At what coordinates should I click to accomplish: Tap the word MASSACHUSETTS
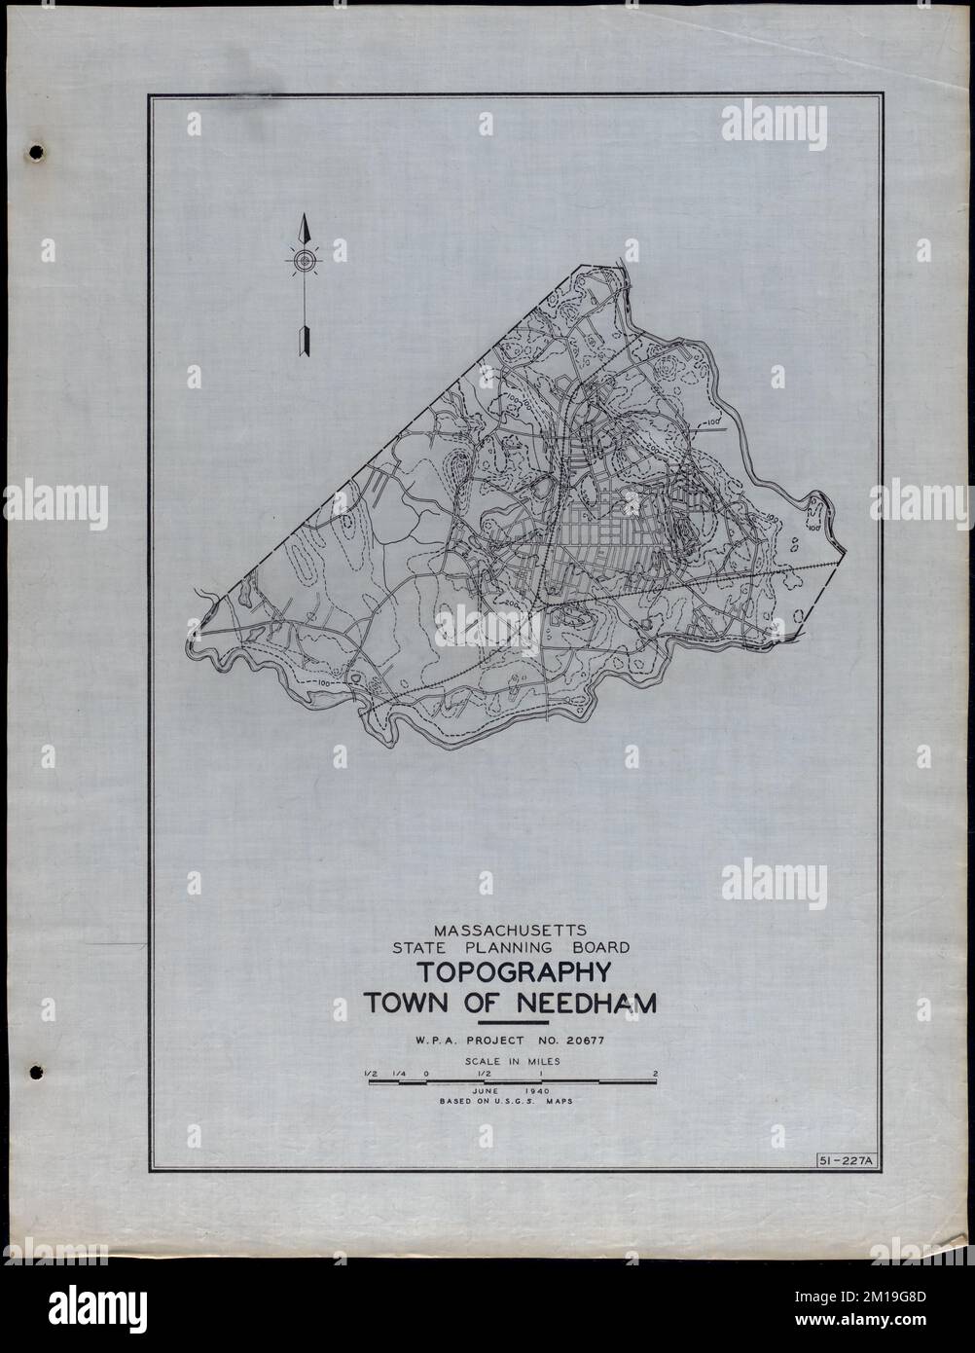(x=509, y=928)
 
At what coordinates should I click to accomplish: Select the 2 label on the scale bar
(x=657, y=1074)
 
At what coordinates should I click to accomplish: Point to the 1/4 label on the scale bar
(x=397, y=1074)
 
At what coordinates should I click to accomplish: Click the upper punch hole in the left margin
(x=37, y=152)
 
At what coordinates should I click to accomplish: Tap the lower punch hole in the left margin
(x=37, y=1072)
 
